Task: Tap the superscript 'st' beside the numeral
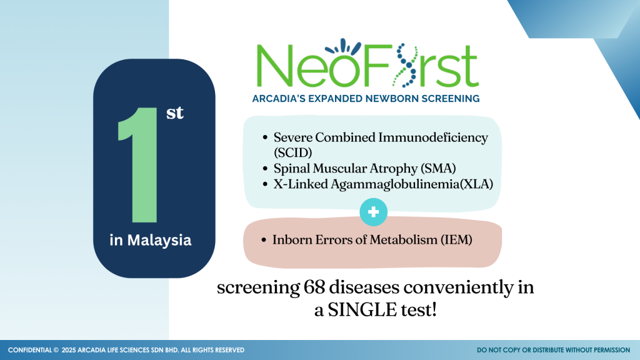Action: coord(175,113)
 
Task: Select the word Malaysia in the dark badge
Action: coord(159,241)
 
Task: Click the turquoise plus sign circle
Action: coord(374,212)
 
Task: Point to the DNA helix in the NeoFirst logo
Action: coord(405,65)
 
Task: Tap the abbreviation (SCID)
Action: coord(293,152)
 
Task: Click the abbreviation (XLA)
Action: coord(477,184)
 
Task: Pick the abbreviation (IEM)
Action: coord(456,239)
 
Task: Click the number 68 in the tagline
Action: coord(314,287)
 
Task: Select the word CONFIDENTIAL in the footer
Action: coord(30,350)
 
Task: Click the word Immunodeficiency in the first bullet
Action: coord(433,137)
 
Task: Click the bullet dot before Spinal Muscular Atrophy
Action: coord(265,169)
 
